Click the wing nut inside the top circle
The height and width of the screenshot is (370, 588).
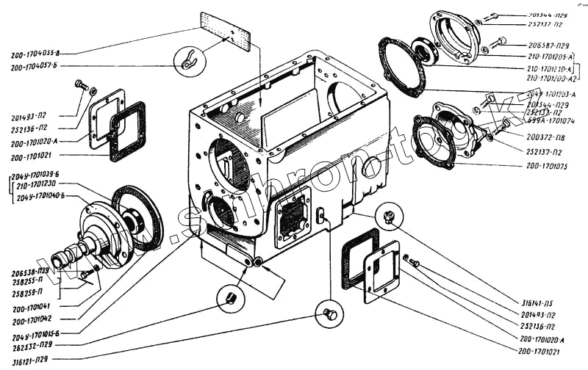tap(187, 59)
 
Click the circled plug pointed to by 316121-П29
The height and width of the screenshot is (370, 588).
tap(329, 314)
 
